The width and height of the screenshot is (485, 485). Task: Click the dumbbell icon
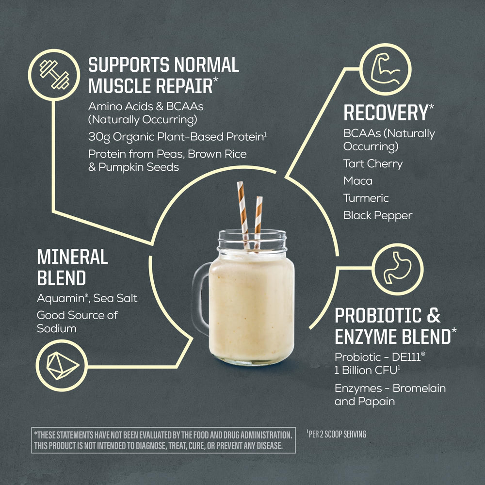click(54, 75)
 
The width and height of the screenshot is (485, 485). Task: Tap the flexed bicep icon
click(385, 69)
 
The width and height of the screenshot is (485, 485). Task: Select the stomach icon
click(398, 268)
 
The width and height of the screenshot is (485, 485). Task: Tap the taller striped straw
click(243, 214)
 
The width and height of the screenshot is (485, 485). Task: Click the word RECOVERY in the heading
click(386, 113)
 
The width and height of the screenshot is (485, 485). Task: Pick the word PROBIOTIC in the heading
click(378, 316)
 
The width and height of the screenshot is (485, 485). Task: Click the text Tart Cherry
click(373, 163)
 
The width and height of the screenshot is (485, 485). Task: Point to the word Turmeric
click(366, 198)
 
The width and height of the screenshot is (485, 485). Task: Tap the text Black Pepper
click(378, 216)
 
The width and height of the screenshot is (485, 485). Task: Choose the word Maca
click(358, 181)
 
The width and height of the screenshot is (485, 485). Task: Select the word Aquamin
click(61, 298)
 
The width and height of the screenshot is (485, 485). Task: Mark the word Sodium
click(57, 328)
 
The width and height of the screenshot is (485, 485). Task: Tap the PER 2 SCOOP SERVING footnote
click(336, 434)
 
